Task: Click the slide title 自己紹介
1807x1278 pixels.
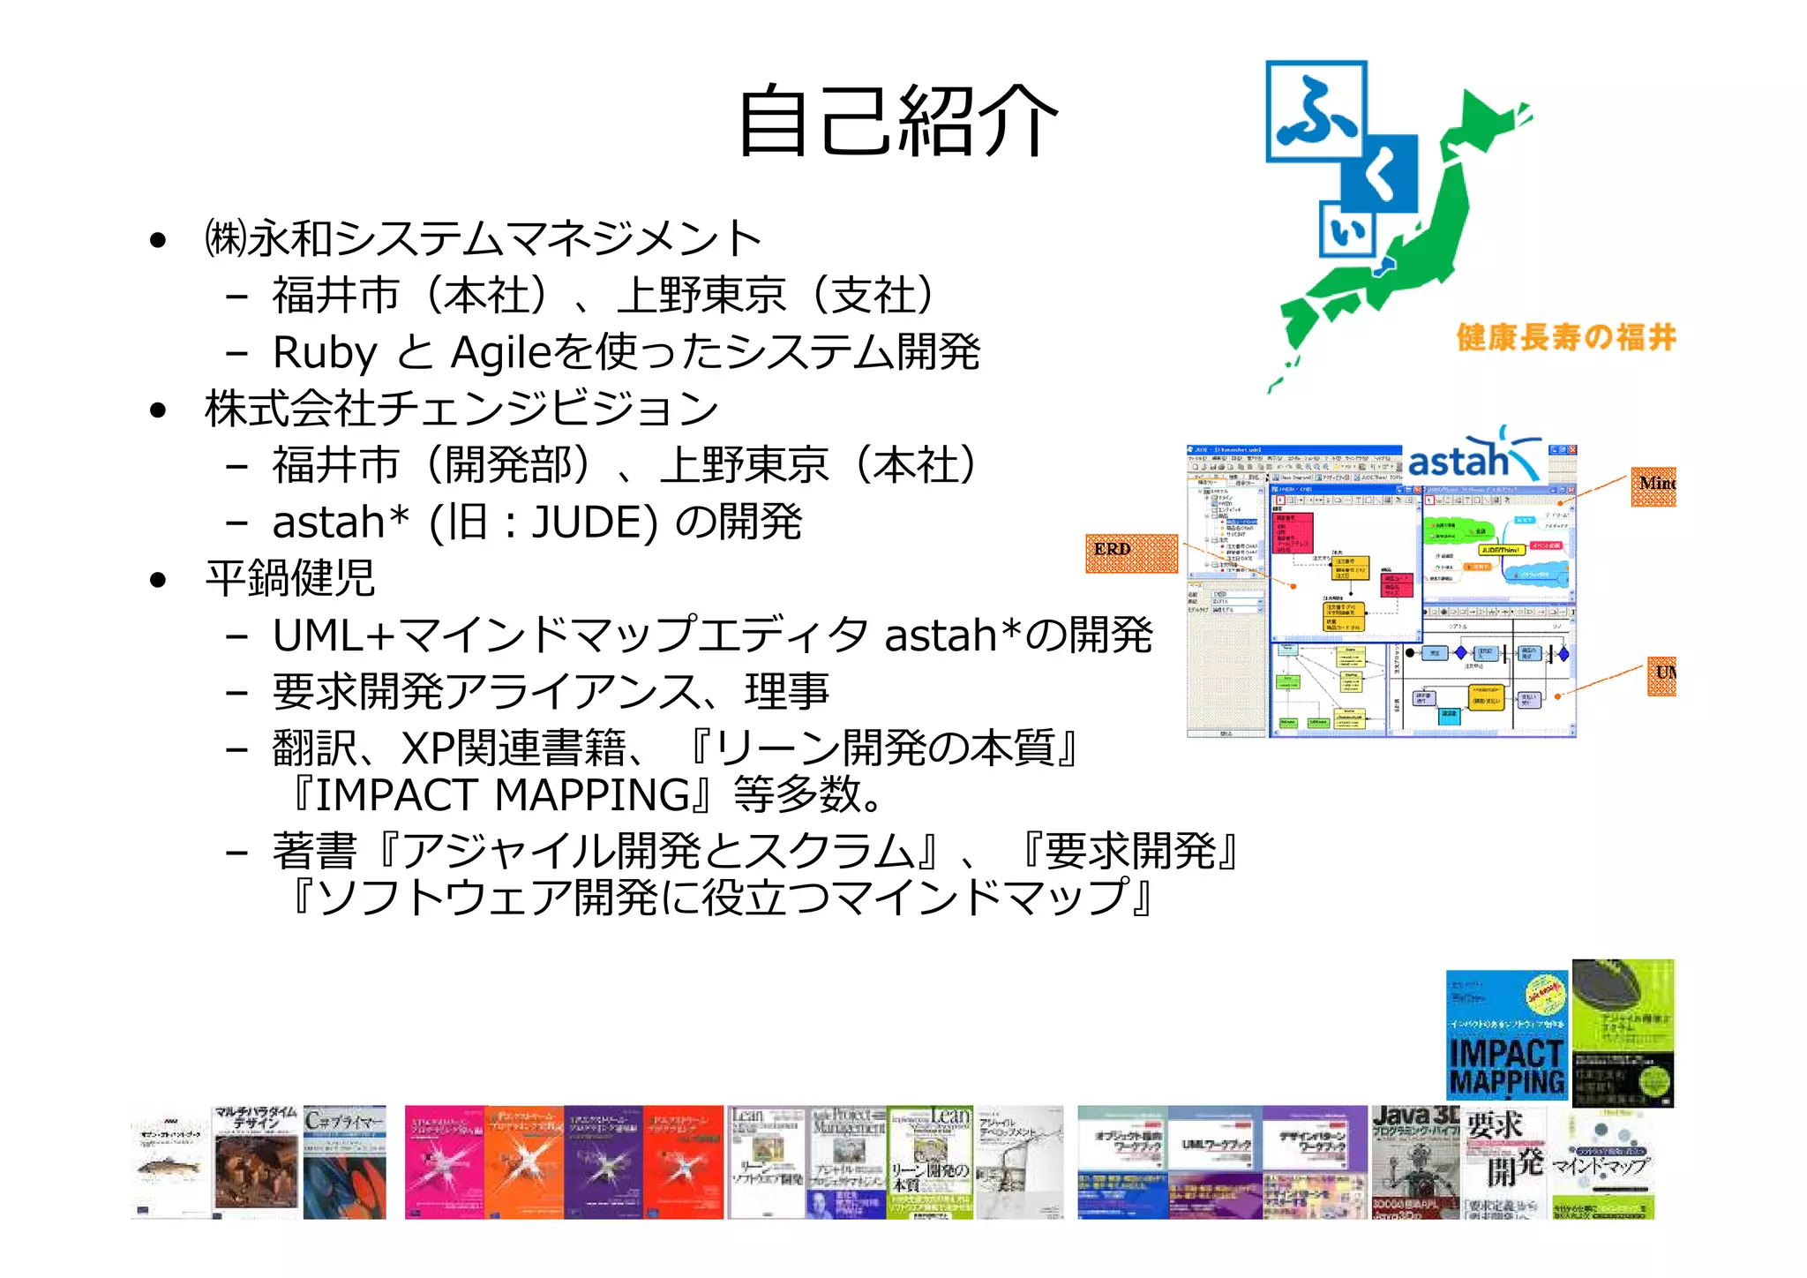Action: click(897, 121)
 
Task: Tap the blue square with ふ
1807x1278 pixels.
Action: click(1316, 112)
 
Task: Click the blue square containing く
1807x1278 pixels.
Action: click(1380, 173)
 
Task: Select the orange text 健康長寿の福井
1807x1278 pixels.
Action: click(1565, 337)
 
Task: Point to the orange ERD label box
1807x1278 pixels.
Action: click(1130, 553)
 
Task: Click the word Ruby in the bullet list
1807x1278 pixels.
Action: click(325, 352)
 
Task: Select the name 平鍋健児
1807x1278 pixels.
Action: click(290, 578)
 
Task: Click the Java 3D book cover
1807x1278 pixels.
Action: click(1415, 1162)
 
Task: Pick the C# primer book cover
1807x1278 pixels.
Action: click(345, 1162)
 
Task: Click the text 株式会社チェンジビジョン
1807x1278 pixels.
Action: click(461, 409)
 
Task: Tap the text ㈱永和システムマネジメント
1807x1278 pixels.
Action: click(483, 238)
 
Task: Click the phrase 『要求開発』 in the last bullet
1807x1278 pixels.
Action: click(1129, 851)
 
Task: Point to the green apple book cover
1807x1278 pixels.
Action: click(1623, 1033)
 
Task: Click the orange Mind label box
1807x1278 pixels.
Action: click(1653, 486)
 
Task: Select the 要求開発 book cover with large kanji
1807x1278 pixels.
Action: click(1504, 1162)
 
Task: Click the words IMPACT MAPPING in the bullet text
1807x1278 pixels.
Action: click(503, 794)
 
